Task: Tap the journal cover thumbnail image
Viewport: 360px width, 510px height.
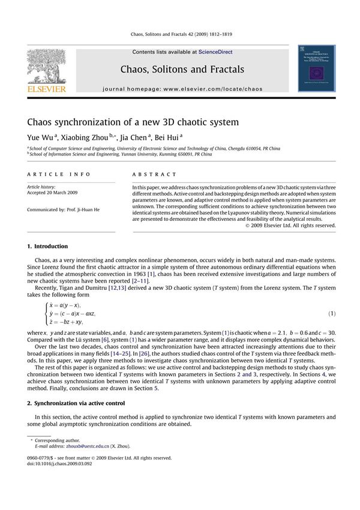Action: pyautogui.click(x=316, y=70)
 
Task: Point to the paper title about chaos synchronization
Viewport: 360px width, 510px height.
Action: pyautogui.click(x=133, y=122)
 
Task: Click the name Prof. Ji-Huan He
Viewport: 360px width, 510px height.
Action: pyautogui.click(x=86, y=209)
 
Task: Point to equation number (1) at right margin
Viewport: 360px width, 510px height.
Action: pyautogui.click(x=331, y=314)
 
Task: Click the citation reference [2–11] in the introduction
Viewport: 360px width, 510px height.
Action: pyautogui.click(x=138, y=281)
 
